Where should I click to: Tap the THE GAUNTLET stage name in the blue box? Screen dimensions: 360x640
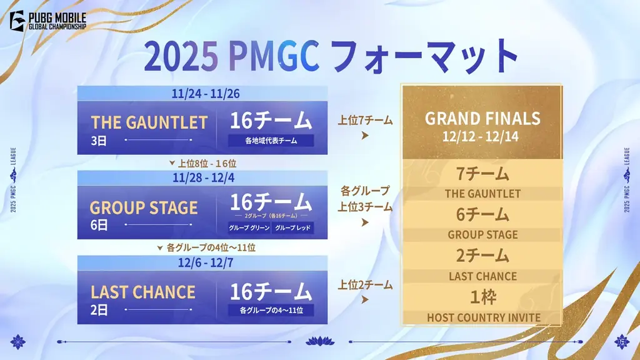[149, 122]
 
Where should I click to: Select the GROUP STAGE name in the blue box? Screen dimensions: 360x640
[144, 207]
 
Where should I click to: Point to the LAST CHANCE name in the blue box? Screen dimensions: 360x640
[143, 292]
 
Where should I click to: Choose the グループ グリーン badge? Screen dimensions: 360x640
[249, 227]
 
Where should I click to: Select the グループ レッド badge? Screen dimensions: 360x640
[292, 227]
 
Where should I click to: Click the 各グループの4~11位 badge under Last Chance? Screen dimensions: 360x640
[271, 310]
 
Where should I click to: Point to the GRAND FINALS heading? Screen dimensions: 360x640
[482, 119]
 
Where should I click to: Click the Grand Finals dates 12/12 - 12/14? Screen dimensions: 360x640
[482, 134]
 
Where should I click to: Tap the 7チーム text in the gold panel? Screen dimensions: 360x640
[482, 174]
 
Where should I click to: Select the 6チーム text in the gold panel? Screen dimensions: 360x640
[482, 215]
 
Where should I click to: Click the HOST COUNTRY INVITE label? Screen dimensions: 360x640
[483, 317]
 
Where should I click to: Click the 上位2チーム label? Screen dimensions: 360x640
[366, 285]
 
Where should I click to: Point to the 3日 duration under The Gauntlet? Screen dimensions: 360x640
[98, 141]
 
